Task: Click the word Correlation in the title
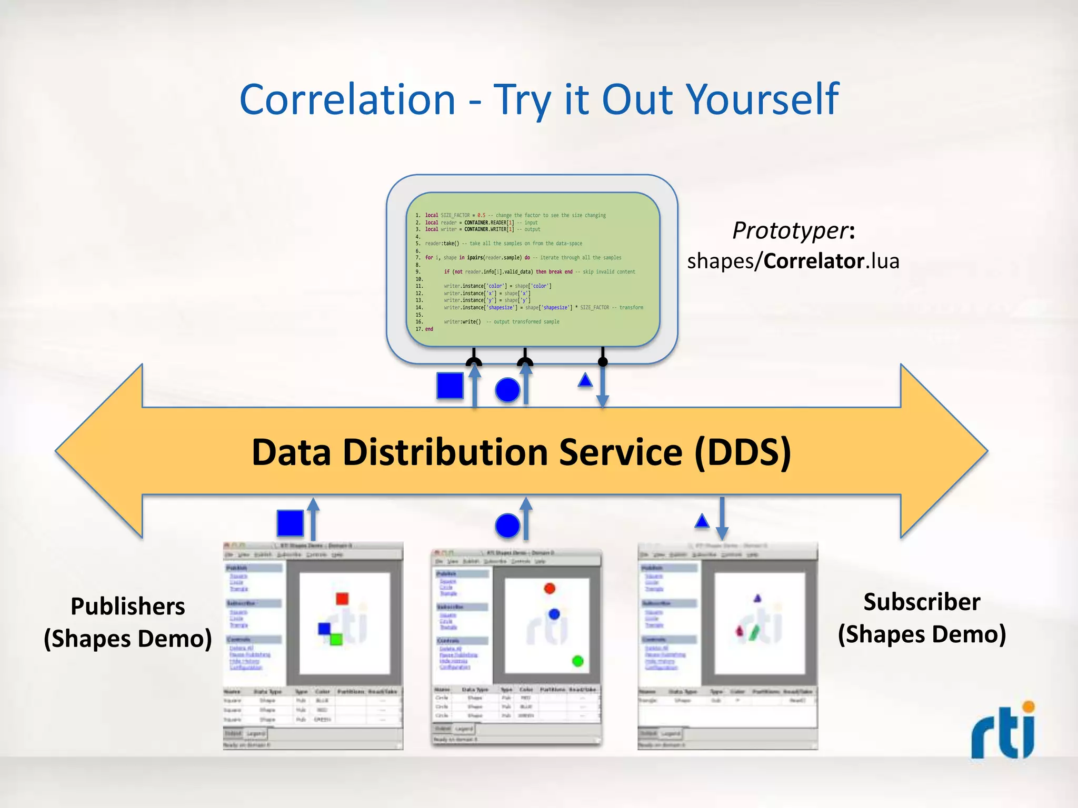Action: click(x=347, y=100)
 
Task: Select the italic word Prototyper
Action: click(x=790, y=230)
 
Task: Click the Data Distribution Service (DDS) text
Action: click(x=521, y=452)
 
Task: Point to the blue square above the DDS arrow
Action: click(x=450, y=386)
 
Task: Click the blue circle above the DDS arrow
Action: click(x=507, y=390)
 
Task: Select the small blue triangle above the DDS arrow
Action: click(x=585, y=380)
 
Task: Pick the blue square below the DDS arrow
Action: click(x=290, y=523)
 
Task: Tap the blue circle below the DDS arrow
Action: click(x=507, y=526)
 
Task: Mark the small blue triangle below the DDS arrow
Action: click(x=702, y=521)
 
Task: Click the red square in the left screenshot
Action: click(x=342, y=599)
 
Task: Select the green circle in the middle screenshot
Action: click(x=577, y=661)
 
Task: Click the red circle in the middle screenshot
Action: click(x=550, y=588)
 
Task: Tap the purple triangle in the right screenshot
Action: click(x=757, y=599)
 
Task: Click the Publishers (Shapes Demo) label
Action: click(x=128, y=623)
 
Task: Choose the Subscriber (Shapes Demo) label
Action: click(x=922, y=618)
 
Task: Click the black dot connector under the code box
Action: click(x=603, y=362)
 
